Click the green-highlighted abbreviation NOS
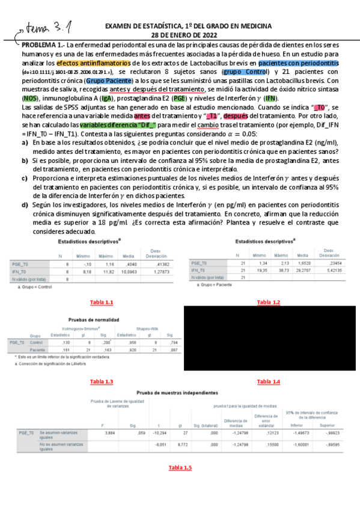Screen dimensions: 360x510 coord(30,98)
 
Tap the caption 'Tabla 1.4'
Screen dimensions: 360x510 coord(268,382)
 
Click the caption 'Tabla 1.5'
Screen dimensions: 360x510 coord(179,467)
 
